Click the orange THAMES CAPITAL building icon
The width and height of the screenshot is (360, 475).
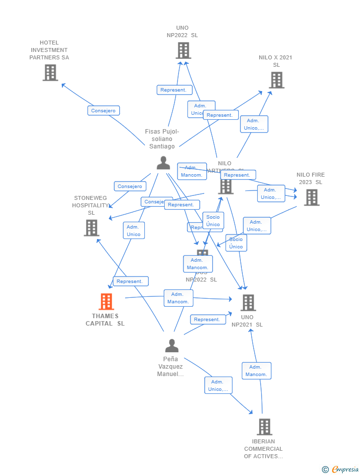(x=106, y=301)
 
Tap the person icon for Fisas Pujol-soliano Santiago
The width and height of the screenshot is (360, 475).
(x=163, y=163)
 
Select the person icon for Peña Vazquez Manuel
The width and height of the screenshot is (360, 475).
(x=172, y=345)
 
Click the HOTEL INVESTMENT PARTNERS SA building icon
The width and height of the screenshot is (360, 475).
(x=50, y=73)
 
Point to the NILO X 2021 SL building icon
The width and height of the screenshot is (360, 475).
(x=276, y=80)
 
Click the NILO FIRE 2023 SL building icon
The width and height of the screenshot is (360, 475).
(x=311, y=197)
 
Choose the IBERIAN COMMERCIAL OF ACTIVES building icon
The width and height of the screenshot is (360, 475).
(x=264, y=427)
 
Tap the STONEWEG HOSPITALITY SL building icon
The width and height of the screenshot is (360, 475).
(x=91, y=228)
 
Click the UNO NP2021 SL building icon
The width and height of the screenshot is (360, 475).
(x=248, y=302)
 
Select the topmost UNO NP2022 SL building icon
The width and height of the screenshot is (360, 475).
(x=183, y=50)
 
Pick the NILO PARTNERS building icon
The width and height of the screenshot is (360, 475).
(x=226, y=186)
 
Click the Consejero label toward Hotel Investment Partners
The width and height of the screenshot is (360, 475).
(x=103, y=111)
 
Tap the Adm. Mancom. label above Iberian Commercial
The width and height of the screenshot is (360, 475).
(x=256, y=371)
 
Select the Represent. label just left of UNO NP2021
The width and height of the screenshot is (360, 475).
(x=207, y=320)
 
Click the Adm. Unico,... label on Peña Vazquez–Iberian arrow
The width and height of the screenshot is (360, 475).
(x=218, y=385)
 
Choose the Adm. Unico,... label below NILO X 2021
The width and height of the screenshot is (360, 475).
(x=254, y=124)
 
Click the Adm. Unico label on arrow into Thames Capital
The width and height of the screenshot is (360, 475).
(x=134, y=231)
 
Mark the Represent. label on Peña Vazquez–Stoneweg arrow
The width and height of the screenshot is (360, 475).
(x=131, y=281)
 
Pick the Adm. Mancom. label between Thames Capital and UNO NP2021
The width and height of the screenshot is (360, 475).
(x=178, y=298)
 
